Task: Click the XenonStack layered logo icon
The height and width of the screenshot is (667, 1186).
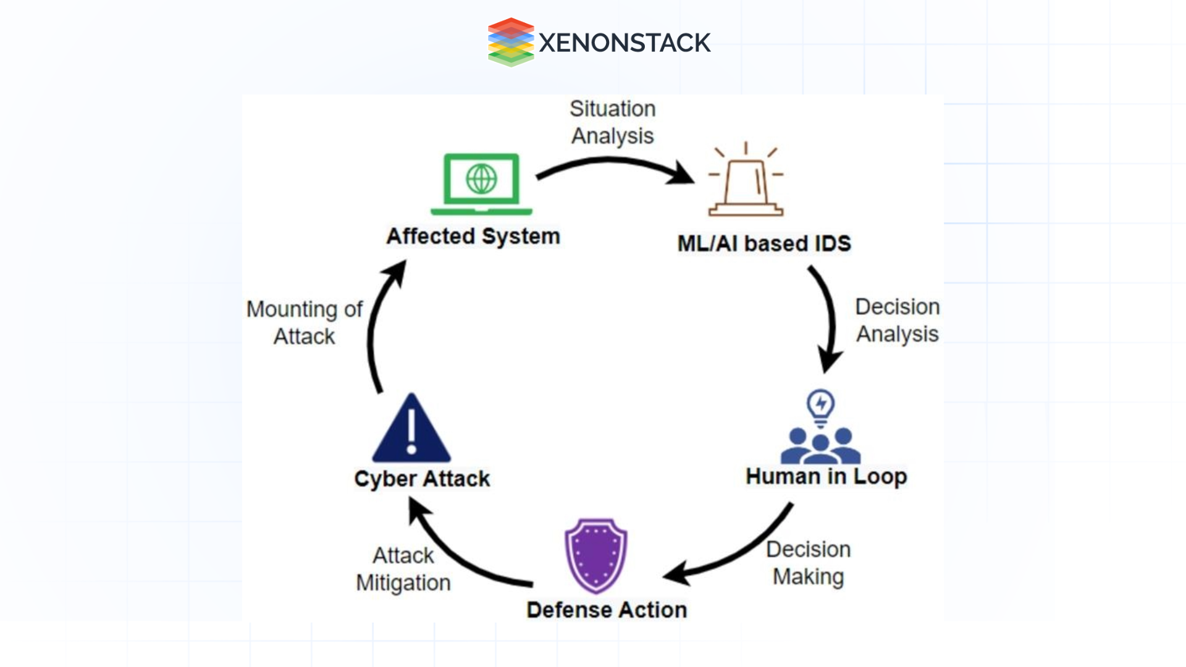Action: pos(510,42)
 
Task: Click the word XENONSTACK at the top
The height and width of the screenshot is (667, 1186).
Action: pos(625,43)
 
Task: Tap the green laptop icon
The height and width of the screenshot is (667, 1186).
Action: pos(481,184)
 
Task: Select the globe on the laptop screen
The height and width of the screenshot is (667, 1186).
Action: pos(481,179)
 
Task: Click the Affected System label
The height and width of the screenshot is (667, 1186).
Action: pos(473,237)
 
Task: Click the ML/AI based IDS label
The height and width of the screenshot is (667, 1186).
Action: pos(764,243)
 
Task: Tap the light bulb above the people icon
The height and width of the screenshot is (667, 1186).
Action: pos(820,406)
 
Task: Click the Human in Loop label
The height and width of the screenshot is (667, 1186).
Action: pos(826,476)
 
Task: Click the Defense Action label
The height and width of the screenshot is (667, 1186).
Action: pos(607,610)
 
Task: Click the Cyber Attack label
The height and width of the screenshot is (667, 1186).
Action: pos(422,479)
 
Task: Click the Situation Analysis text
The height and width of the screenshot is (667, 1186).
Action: pos(612,122)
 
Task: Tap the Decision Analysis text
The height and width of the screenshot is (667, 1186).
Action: pos(897,320)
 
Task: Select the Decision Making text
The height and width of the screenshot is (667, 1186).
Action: pos(808,563)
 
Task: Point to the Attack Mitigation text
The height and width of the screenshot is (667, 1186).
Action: pos(403,569)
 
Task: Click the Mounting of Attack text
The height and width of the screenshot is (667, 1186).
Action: pos(304,322)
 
